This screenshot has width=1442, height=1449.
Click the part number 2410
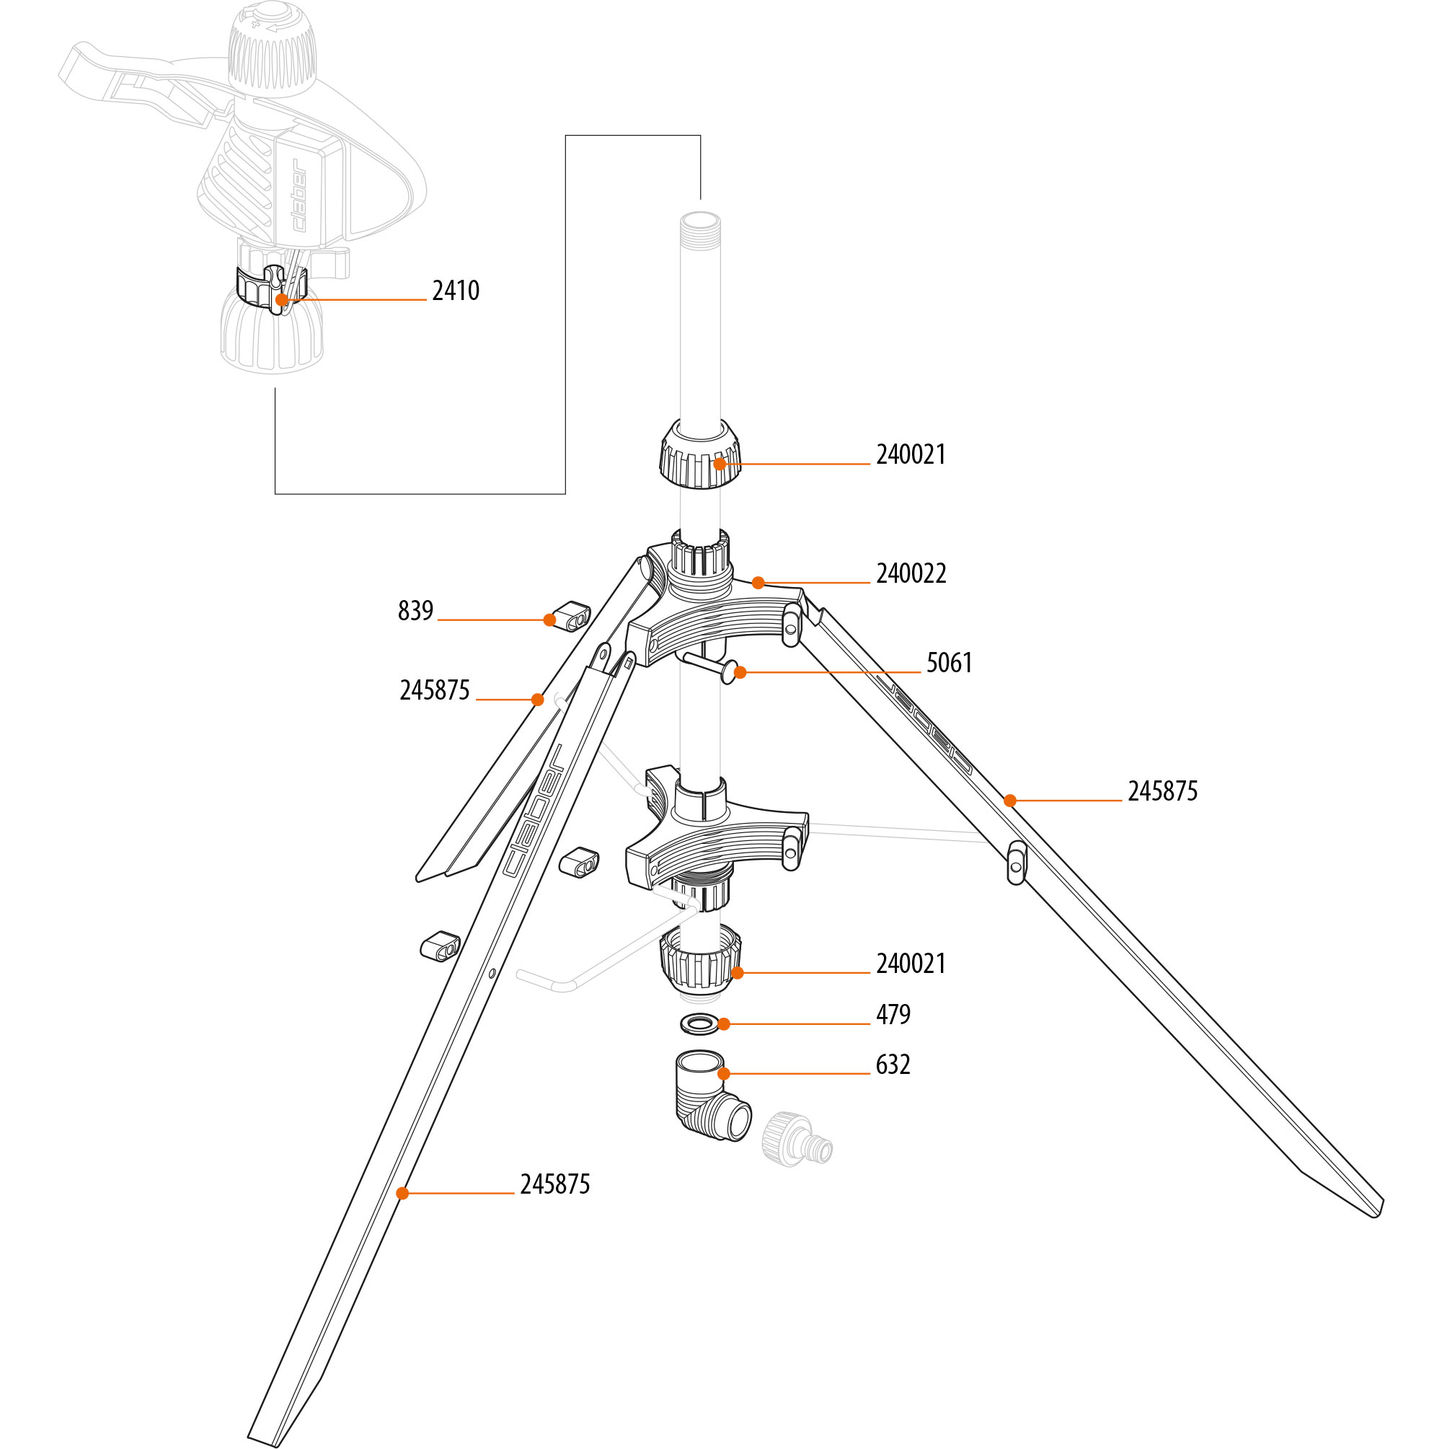tap(455, 291)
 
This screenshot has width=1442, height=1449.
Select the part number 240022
tap(911, 573)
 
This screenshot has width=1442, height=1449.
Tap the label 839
tap(415, 610)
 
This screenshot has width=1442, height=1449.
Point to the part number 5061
tap(950, 663)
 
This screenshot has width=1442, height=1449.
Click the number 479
tap(893, 1015)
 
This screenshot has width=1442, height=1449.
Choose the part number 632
tap(893, 1065)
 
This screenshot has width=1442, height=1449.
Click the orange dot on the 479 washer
tap(724, 1023)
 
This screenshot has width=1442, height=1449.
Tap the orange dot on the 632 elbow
tap(724, 1074)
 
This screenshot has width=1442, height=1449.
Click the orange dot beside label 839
tap(549, 620)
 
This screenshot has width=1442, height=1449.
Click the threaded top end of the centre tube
tap(699, 225)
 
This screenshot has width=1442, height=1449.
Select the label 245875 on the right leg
tap(1162, 791)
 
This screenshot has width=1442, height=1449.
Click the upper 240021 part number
tap(911, 454)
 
